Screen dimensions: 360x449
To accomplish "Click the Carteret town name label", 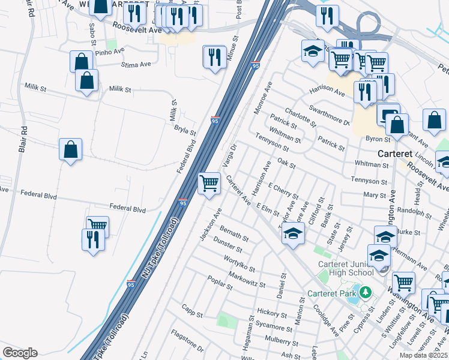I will (395, 154).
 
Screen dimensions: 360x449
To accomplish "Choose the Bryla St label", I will (185, 130).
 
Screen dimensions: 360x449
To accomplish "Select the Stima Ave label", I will (134, 65).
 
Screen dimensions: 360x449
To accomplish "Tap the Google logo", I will (20, 353).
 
